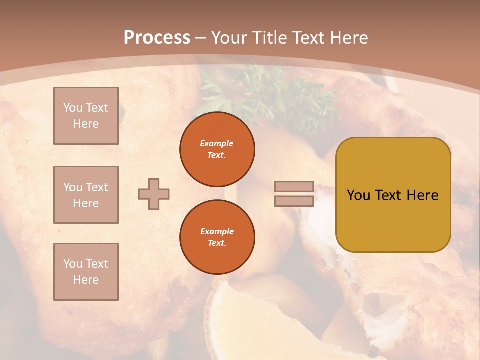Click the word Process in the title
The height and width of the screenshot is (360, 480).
click(157, 38)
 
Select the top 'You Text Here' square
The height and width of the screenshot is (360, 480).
click(86, 116)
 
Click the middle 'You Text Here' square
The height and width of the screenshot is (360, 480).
click(86, 195)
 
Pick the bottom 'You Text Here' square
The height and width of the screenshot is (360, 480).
click(86, 272)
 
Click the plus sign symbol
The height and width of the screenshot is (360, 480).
click(154, 194)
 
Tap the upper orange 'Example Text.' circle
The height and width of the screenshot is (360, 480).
click(217, 149)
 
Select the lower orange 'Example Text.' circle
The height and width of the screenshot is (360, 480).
click(217, 237)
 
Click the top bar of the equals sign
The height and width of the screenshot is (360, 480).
click(294, 187)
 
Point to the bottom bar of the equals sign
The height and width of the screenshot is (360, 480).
click(294, 201)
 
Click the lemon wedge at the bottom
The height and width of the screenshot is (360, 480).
click(250, 320)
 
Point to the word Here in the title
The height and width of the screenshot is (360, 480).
click(348, 38)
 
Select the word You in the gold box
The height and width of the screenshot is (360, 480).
click(358, 195)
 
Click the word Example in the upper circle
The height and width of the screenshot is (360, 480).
click(217, 144)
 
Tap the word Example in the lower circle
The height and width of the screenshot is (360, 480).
click(217, 232)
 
